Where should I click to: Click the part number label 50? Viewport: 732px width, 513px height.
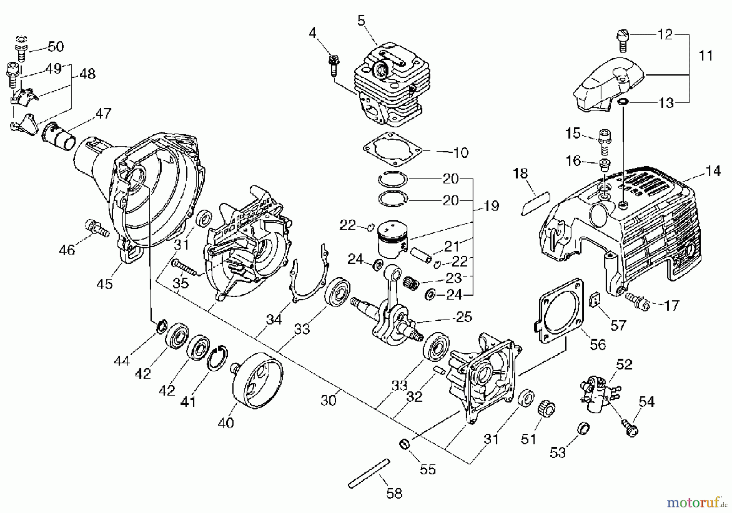click(56, 47)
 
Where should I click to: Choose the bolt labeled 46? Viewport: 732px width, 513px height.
click(97, 228)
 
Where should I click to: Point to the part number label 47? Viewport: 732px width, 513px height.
click(103, 113)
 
